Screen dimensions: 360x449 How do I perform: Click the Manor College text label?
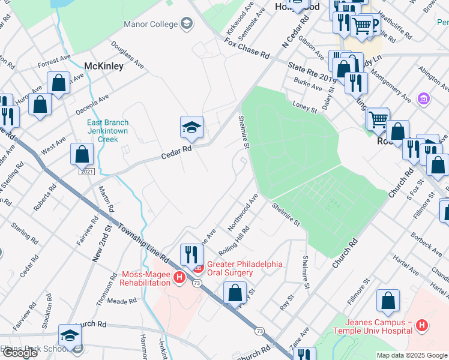(x=150, y=24)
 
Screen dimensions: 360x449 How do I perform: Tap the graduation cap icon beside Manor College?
(x=187, y=24)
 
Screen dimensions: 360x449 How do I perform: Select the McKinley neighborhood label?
(x=104, y=65)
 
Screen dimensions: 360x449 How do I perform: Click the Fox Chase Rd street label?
(x=247, y=46)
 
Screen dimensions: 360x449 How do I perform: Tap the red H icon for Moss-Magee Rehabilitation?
(x=178, y=278)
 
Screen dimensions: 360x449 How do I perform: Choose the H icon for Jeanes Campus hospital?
(x=422, y=326)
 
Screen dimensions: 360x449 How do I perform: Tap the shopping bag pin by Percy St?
(x=235, y=293)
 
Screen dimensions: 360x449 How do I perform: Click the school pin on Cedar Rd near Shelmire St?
(x=191, y=127)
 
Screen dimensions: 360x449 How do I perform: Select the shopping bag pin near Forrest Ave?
(x=59, y=83)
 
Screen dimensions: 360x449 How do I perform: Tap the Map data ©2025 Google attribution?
(x=411, y=355)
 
